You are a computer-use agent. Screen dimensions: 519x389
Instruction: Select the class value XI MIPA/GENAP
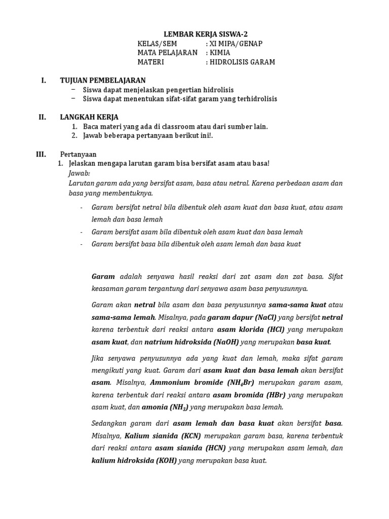click(x=237, y=44)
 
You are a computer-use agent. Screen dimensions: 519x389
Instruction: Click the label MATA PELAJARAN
click(x=167, y=53)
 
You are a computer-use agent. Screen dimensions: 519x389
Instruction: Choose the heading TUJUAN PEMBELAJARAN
click(x=103, y=80)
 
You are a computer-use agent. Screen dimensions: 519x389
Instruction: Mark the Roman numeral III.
click(x=41, y=154)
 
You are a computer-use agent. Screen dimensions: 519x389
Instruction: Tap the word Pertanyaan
click(x=79, y=154)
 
